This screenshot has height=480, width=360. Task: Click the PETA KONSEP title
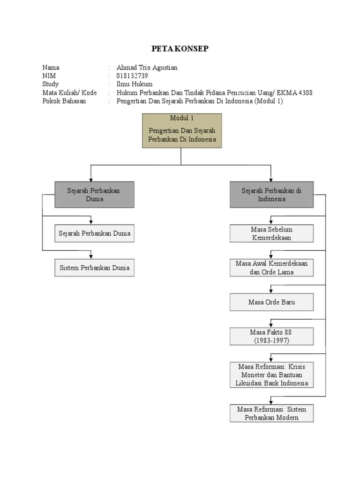180,49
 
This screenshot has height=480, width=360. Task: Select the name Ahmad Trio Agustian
147,67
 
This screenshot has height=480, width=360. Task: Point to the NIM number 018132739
132,76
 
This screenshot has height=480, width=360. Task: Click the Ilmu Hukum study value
135,84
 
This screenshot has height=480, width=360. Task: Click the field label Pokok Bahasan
64,101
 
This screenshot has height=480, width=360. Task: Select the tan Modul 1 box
182,131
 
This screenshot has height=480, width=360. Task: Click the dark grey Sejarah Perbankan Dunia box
94,195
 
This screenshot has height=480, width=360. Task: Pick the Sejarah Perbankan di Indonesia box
271,195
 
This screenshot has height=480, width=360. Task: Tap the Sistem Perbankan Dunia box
94,268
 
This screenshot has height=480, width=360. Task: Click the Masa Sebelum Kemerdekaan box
271,233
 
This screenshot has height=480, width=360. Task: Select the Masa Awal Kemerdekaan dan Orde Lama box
271,268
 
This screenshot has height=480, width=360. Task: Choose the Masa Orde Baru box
271,302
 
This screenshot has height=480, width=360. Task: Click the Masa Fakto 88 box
271,337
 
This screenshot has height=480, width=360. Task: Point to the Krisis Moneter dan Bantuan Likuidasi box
271,375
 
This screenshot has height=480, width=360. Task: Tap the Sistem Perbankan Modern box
271,413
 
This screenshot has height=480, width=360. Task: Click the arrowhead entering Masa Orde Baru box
271,291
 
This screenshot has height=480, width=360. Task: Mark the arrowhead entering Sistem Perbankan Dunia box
91,256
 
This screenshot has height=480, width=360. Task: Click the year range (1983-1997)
271,340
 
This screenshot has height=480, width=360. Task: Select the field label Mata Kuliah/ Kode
69,93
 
